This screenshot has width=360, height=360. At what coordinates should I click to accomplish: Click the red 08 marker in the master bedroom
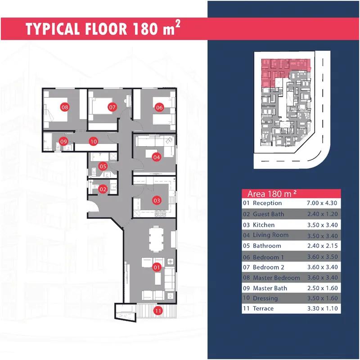pos(65,107)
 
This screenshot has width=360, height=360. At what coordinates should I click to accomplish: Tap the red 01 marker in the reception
pos(157,267)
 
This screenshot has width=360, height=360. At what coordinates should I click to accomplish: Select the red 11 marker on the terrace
pos(158,311)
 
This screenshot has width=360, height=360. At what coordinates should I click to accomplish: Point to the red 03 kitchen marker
pos(157,200)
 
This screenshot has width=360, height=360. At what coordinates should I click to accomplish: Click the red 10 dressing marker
pos(94,141)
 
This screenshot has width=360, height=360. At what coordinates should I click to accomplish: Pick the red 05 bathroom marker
pos(103,166)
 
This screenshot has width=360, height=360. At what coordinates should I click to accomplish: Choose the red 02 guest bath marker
pos(103,189)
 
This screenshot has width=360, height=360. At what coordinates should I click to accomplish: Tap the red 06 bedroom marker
pos(159,107)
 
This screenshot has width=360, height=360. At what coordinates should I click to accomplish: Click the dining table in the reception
pos(156,239)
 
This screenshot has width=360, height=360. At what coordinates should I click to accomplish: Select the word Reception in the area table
pos(267,203)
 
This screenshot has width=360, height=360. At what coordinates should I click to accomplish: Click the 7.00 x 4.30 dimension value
pos(322,203)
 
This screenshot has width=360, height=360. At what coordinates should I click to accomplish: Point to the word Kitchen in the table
pos(264,225)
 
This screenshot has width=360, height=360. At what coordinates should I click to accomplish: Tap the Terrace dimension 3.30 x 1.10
pos(323,308)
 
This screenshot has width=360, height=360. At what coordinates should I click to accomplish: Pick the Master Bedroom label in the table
pos(276,278)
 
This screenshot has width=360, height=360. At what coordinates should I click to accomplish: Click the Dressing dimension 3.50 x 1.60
pos(323,298)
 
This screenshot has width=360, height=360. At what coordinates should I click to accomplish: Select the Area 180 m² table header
pos(272,194)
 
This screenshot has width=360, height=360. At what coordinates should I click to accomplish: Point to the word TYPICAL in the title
pos(53,29)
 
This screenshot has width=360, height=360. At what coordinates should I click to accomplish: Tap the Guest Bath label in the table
pos(268,214)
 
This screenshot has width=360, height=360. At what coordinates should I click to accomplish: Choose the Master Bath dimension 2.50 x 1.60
pos(323,288)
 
